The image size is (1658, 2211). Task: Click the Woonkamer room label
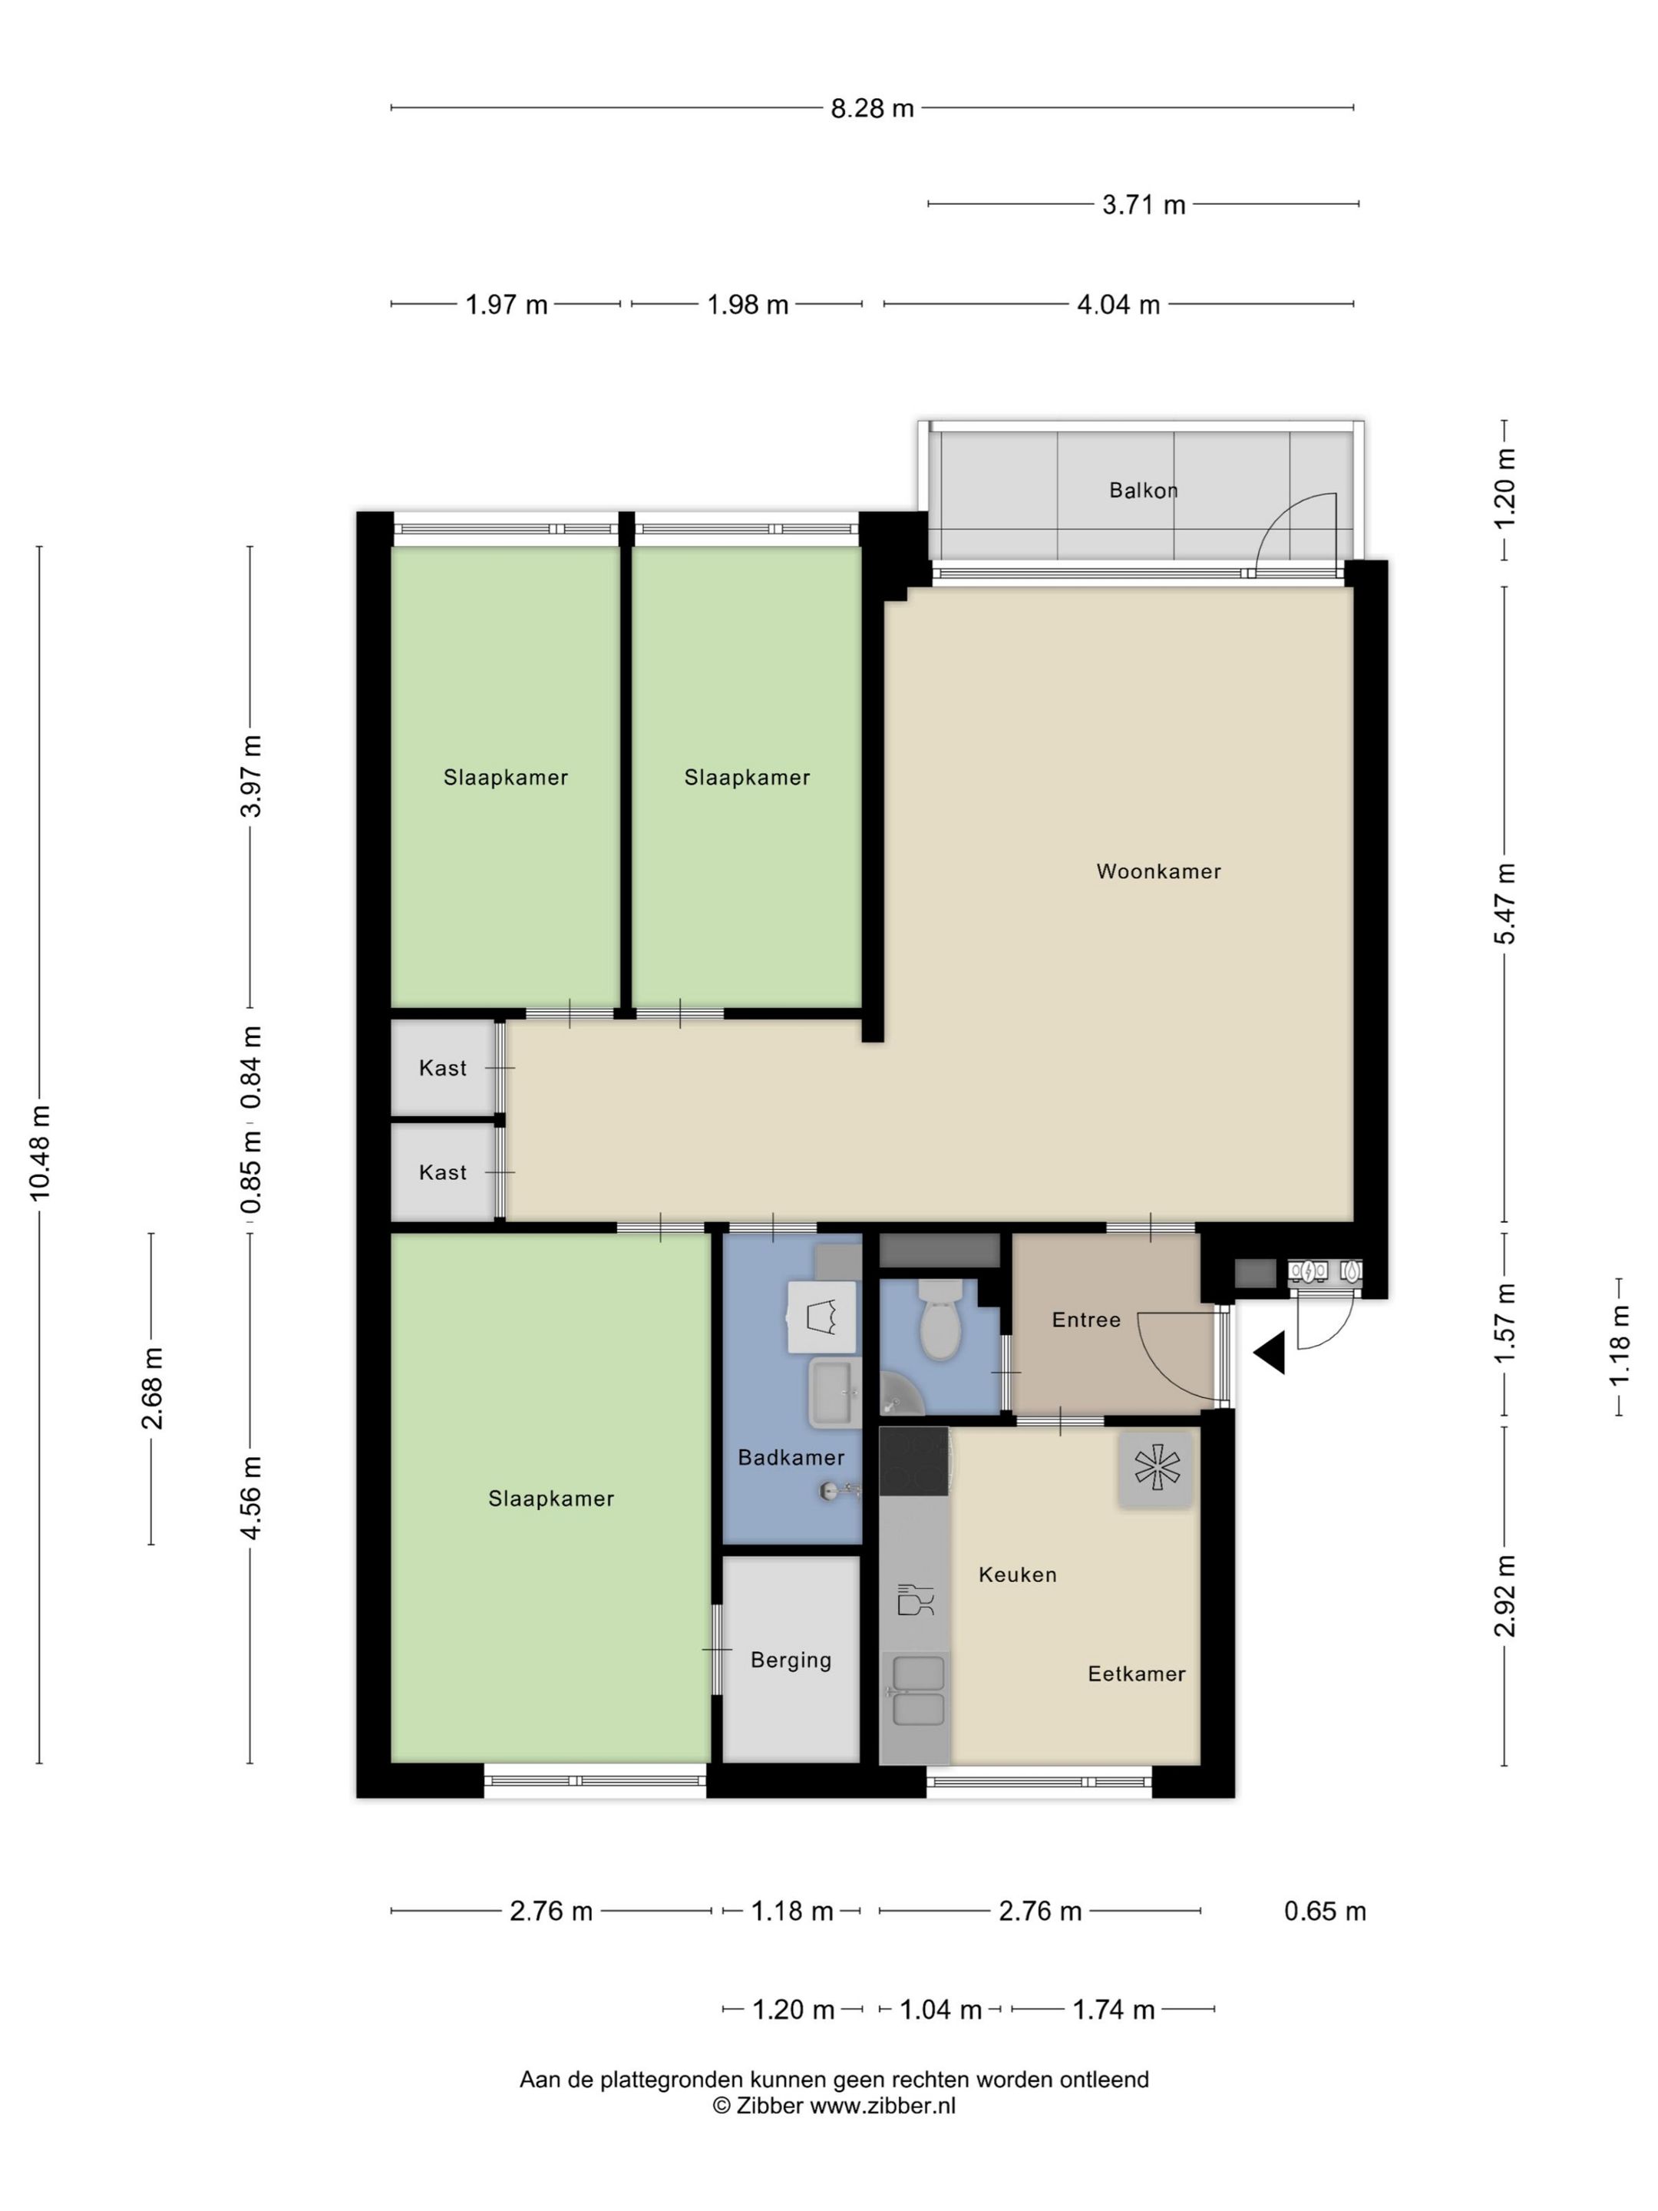[1158, 871]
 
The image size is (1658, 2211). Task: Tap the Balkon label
[1143, 491]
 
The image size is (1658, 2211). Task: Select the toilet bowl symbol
[940, 1320]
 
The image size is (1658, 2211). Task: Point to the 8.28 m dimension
[873, 108]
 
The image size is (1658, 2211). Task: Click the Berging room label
[791, 1661]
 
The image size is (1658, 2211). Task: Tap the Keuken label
[1017, 1575]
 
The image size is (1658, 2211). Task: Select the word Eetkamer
[1136, 1674]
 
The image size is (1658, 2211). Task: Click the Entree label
[1086, 1320]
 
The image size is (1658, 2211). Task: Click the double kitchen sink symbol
[917, 1690]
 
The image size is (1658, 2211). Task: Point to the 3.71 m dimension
[1143, 205]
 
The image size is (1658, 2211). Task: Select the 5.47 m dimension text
[1506, 904]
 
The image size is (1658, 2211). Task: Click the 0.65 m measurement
[1324, 1911]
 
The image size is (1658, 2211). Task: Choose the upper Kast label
[443, 1069]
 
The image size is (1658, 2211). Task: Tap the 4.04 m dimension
[1118, 305]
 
